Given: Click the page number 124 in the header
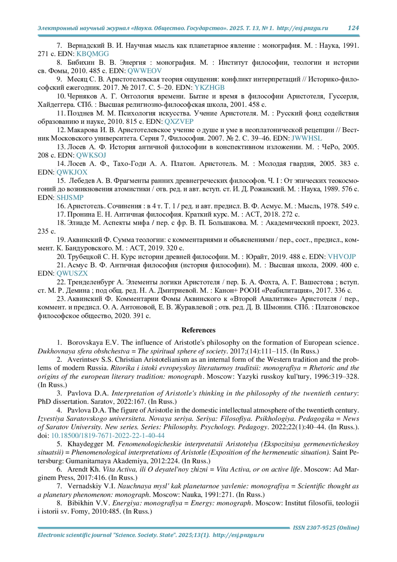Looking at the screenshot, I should click(353, 28).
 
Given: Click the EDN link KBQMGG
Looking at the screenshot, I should click(93, 54).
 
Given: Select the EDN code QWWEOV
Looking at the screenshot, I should click(145, 71).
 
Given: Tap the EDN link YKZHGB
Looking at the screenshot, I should click(209, 88).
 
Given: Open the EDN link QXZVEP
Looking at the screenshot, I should click(179, 122).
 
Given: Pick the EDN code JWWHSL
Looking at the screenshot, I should click(306, 138).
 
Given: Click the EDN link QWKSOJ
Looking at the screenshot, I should click(91, 155).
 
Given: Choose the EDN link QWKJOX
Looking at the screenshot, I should click(72, 172).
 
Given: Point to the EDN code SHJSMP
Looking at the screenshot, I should click(70, 198).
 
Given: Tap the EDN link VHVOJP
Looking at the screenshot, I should click(342, 257).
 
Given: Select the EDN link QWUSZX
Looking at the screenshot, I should click(72, 274).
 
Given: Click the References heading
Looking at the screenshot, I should click(198, 330).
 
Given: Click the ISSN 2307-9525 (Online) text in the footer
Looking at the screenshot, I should click(326, 528).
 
